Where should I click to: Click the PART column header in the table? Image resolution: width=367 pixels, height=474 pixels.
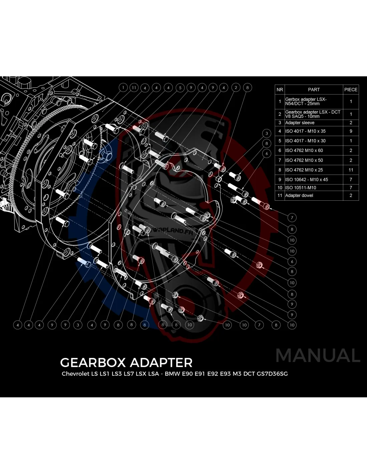click(x=314, y=90)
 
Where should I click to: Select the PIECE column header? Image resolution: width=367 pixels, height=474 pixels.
click(x=351, y=90)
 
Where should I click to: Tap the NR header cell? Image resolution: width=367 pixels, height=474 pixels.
click(x=280, y=90)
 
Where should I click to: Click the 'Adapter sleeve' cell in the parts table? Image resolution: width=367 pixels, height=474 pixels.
click(x=300, y=123)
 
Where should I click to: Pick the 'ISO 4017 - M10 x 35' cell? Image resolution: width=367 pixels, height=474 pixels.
click(x=305, y=131)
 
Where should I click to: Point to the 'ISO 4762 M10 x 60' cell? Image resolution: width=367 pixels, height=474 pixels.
click(x=304, y=150)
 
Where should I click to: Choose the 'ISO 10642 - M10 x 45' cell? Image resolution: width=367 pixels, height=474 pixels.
click(x=306, y=179)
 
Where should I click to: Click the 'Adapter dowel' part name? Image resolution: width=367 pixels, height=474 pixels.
click(x=299, y=195)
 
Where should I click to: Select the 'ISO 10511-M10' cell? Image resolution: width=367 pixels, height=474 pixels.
click(x=300, y=188)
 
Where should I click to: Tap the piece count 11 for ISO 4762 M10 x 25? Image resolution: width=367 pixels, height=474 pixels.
click(x=351, y=170)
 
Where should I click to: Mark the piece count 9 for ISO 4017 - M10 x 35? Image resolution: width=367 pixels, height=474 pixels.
click(x=351, y=131)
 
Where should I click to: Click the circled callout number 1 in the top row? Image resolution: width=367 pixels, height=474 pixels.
click(x=123, y=88)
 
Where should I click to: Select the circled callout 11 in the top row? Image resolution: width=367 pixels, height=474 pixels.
click(x=134, y=88)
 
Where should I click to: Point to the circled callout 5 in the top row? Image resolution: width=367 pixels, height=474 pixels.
click(x=180, y=88)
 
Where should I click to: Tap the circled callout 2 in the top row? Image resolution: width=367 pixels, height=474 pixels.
click(x=236, y=88)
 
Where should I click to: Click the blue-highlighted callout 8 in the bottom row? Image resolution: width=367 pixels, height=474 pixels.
click(x=144, y=324)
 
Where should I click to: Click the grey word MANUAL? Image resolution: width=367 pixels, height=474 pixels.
click(x=318, y=355)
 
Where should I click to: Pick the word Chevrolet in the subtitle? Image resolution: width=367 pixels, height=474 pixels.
click(x=75, y=374)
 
